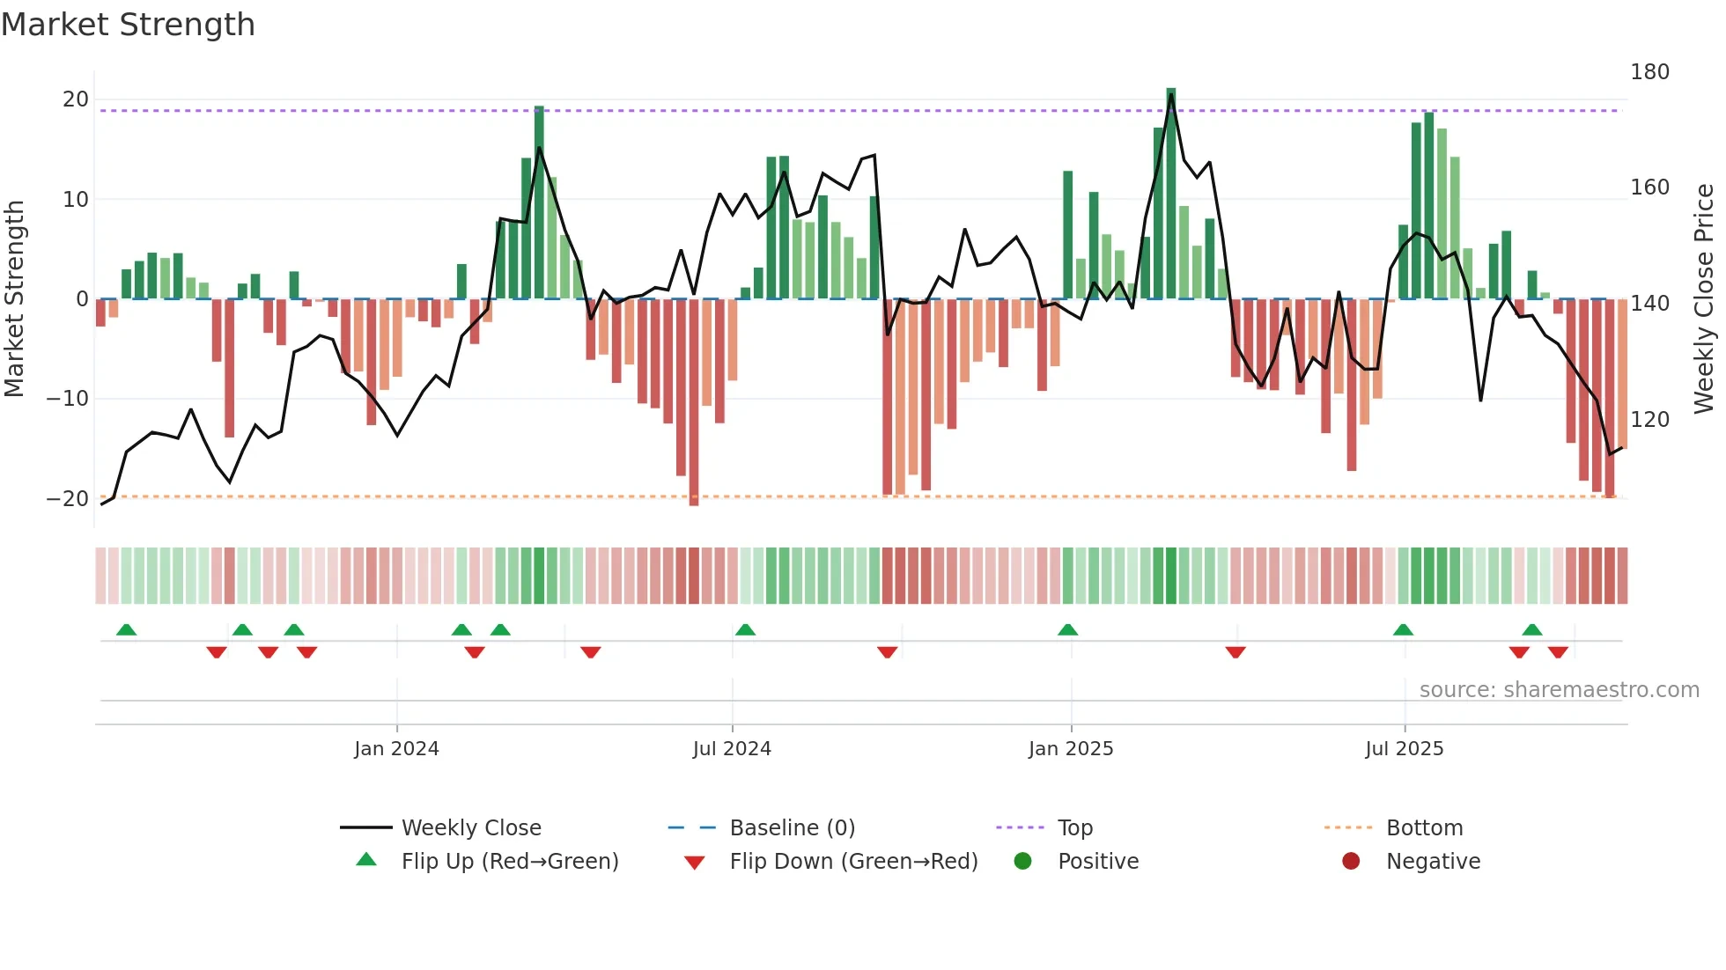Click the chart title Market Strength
pos(128,25)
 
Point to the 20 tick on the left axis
pos(76,99)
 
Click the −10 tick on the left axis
pos(68,399)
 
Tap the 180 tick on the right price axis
pos(1649,72)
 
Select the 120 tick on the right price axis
pos(1649,419)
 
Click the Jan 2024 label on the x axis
pos(396,749)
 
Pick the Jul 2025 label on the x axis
pos(1405,749)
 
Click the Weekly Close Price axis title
pos(1704,299)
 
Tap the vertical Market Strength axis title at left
pos(14,299)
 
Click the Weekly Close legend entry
pos(471,828)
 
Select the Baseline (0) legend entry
pos(792,828)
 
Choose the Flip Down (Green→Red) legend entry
pos(852,862)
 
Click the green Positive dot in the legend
pos(1022,862)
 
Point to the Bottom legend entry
pos(1424,828)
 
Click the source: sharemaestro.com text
pos(1559,690)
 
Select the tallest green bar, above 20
pos(1171,194)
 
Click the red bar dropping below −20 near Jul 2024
pos(694,402)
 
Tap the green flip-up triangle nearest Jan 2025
pos(1067,630)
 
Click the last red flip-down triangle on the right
pos(1558,652)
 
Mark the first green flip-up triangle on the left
pos(126,630)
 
